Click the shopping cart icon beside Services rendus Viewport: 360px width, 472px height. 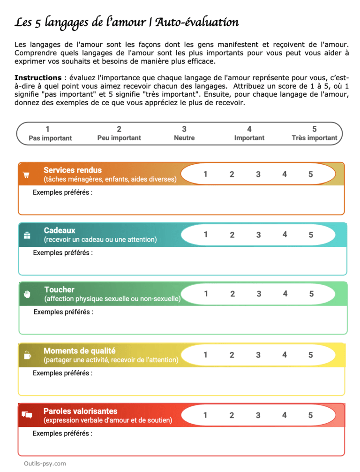[26, 175]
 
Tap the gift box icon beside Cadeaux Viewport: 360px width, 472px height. [27, 235]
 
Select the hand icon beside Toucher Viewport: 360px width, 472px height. [27, 294]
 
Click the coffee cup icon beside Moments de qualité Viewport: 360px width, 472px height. [27, 355]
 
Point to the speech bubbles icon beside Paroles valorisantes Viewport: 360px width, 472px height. [27, 415]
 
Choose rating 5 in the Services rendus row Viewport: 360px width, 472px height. [310, 175]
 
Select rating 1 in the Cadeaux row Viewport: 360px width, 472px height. [205, 234]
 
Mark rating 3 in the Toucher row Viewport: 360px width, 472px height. [259, 294]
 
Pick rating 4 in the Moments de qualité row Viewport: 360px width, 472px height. [284, 355]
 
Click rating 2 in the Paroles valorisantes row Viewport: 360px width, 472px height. [232, 415]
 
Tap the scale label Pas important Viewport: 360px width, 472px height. [50, 138]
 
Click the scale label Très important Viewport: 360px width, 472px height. [314, 138]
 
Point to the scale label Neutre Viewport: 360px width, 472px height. [184, 138]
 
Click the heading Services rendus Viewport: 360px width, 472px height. [72, 170]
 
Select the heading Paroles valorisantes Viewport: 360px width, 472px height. [80, 411]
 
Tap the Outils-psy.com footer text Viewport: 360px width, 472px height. [45, 464]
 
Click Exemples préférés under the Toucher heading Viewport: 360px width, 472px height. [63, 312]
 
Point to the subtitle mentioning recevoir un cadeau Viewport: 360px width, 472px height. [100, 240]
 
